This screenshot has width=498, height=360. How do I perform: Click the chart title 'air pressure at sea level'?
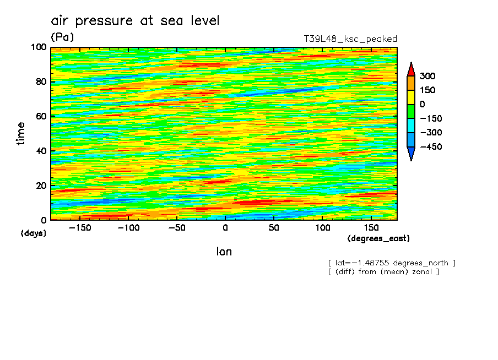tap(135, 21)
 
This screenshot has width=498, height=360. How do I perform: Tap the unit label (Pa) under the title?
tap(62, 37)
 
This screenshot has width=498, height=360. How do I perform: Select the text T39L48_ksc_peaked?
tap(350, 39)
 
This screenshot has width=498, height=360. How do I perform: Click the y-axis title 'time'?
tap(21, 134)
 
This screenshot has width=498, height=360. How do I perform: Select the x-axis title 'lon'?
tap(224, 252)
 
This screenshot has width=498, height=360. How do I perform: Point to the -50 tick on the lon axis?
tap(175, 227)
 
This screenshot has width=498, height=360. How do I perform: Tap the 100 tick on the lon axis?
tap(323, 227)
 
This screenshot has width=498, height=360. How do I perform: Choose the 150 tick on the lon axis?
tap(371, 227)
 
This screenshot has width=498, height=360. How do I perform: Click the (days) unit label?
tap(34, 233)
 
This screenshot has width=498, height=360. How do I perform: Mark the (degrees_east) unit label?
tap(378, 239)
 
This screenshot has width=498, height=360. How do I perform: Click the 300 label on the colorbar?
tap(428, 76)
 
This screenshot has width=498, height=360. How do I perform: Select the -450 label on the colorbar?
tap(431, 146)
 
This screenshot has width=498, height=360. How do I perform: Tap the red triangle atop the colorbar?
tap(411, 69)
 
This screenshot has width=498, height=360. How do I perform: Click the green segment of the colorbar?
tap(411, 111)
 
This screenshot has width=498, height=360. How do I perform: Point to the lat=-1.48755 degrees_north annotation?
tap(392, 263)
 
